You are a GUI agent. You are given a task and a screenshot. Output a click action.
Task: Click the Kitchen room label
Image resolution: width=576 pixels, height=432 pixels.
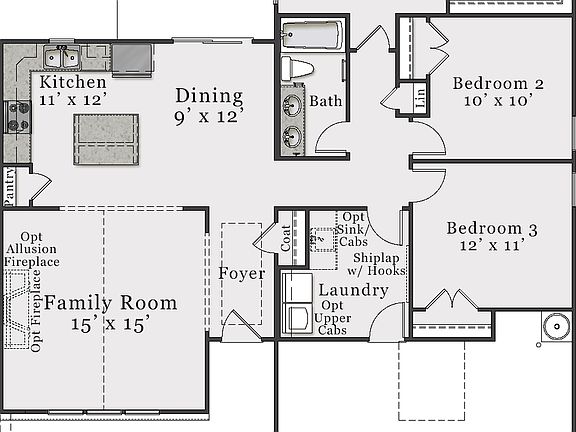click(x=73, y=82)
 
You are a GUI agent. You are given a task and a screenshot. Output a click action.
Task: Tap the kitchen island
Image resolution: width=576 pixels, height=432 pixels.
click(x=106, y=141)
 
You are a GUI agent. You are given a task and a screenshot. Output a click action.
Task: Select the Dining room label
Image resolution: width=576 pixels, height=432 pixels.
click(x=209, y=96)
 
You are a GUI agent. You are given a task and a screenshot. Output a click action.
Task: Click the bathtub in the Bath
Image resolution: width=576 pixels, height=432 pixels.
click(x=311, y=36)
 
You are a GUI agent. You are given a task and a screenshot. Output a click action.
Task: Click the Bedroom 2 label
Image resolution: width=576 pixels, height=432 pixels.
click(x=497, y=84)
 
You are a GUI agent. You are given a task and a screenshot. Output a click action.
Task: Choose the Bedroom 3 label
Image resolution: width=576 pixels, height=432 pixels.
click(x=491, y=229)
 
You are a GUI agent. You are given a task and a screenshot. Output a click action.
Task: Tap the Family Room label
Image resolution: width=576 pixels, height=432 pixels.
click(x=110, y=302)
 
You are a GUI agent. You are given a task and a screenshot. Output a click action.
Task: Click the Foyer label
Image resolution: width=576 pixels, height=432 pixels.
click(x=241, y=273)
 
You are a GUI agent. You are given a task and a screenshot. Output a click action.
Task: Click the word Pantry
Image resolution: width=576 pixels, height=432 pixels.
click(x=10, y=185)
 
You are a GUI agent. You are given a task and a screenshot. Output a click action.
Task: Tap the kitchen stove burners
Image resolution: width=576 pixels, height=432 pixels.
click(x=17, y=116)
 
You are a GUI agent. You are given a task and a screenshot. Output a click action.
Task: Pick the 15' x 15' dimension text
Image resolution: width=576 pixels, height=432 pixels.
click(x=110, y=324)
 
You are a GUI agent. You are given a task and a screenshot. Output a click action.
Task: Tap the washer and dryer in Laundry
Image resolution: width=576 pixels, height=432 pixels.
click(x=297, y=303)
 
